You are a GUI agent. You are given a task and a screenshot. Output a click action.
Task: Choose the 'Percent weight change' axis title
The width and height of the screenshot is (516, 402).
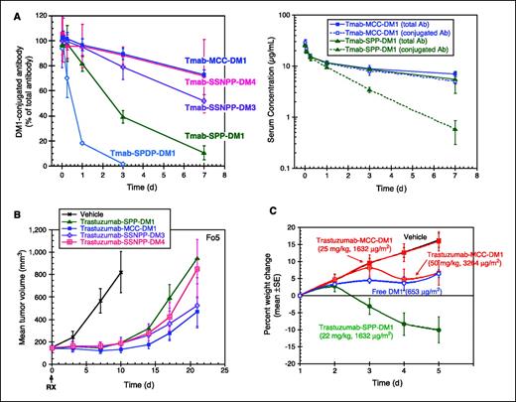[x=280, y=298]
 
